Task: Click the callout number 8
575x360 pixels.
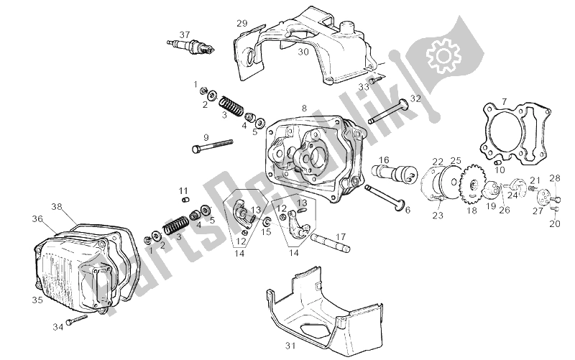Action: click(x=304, y=109)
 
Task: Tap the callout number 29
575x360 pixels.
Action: click(x=242, y=24)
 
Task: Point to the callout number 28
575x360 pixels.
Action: click(x=554, y=177)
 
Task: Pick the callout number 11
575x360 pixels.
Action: click(x=183, y=190)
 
